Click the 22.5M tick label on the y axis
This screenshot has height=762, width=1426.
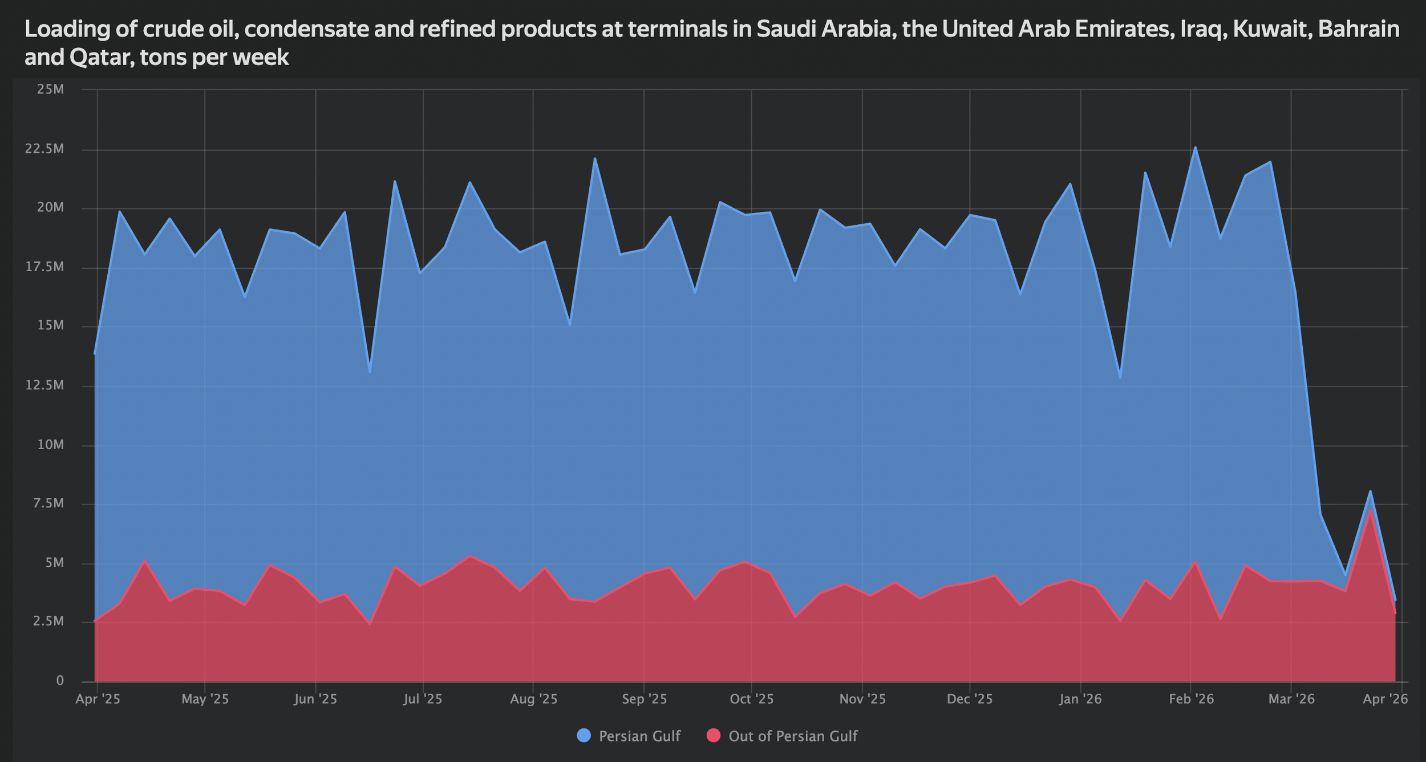click(x=43, y=149)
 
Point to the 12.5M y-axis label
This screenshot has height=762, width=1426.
click(x=43, y=385)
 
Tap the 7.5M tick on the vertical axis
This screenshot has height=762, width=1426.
click(x=48, y=503)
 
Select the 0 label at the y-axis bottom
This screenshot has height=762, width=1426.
click(x=59, y=680)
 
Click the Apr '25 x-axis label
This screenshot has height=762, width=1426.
click(x=98, y=699)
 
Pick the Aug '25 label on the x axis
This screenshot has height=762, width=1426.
click(x=533, y=699)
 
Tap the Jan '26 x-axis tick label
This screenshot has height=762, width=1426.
click(x=1080, y=699)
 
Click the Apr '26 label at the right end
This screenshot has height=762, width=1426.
click(x=1385, y=699)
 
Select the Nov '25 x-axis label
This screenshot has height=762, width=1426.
click(x=862, y=699)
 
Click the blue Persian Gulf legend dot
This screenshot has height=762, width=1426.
click(x=584, y=736)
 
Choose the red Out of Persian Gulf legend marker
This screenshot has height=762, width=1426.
click(x=714, y=736)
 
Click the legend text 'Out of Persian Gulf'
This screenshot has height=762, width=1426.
click(x=793, y=736)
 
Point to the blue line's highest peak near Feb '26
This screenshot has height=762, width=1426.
click(x=1195, y=147)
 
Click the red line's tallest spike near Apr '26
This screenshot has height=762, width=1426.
click(x=1370, y=510)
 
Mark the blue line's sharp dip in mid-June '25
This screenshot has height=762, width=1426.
click(x=370, y=372)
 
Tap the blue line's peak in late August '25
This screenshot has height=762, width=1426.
click(x=594, y=159)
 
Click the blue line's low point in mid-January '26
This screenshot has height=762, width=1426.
click(x=1120, y=377)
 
